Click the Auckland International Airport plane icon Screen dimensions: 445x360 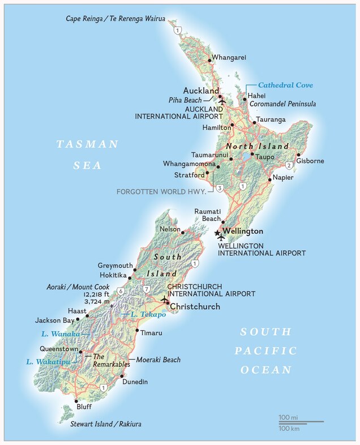[222, 101]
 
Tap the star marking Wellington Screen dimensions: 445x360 [217, 232]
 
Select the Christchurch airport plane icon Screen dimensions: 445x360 [164, 299]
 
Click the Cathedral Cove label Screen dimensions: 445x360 [285, 85]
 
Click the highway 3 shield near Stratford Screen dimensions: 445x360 [219, 187]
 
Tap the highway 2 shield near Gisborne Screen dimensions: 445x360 [289, 165]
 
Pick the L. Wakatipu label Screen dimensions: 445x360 [44, 361]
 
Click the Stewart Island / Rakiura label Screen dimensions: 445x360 [106, 423]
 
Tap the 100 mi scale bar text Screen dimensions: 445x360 [288, 417]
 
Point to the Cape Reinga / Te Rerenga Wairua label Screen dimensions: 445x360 [115, 19]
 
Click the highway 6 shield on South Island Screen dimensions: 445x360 [121, 292]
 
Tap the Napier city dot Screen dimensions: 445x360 [269, 180]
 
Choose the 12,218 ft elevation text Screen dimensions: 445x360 [96, 295]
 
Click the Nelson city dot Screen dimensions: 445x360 [182, 231]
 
